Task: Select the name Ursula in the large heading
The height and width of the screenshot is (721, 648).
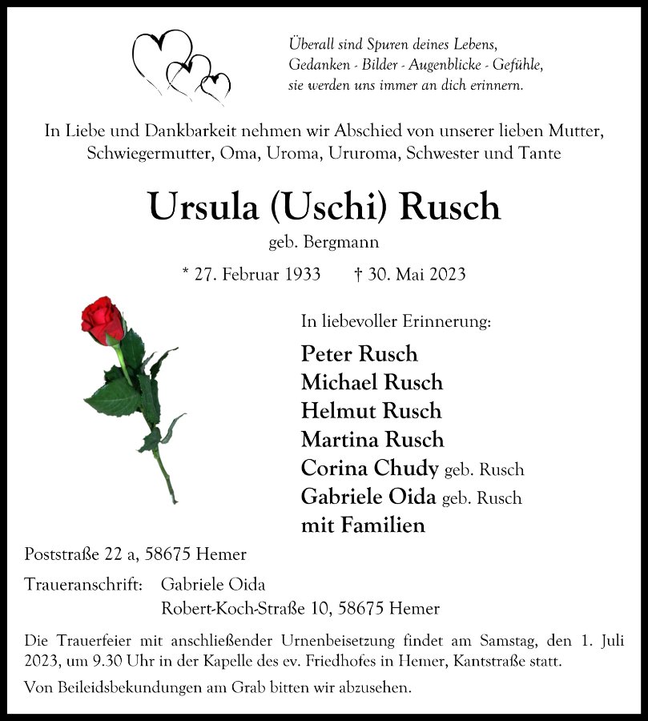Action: [x=204, y=207]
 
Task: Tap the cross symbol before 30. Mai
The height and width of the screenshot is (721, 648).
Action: [x=358, y=274]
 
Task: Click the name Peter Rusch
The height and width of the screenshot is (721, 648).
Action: [x=360, y=353]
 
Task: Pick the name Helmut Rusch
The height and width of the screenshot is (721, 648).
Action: [x=371, y=411]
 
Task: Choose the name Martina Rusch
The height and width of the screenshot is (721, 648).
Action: [x=372, y=440]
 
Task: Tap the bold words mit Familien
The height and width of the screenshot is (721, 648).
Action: [x=363, y=526]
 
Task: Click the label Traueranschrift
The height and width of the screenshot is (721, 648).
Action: [x=83, y=585]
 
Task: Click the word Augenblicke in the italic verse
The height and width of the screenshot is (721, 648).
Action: [x=429, y=64]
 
